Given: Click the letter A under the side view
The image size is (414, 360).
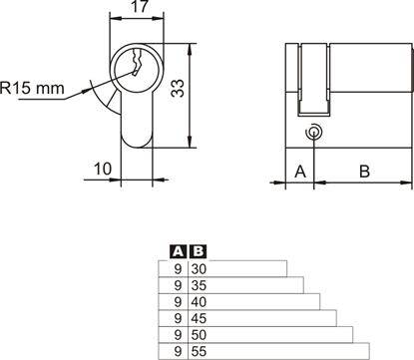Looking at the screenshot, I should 299,172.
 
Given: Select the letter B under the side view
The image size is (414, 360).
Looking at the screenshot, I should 364,172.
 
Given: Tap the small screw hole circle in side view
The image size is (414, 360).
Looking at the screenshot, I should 315,131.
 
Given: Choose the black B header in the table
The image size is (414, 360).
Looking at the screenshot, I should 198,251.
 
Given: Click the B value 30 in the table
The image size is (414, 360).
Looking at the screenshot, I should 200,267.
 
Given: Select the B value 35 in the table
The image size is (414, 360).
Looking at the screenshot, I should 200,284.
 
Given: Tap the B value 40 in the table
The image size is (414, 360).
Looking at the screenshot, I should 200,300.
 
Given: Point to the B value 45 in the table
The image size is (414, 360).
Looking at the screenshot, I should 200,317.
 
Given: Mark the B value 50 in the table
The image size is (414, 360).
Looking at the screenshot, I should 200,333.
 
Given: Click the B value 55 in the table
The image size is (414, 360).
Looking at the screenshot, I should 200,350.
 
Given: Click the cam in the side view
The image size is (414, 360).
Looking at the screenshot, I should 315,78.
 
